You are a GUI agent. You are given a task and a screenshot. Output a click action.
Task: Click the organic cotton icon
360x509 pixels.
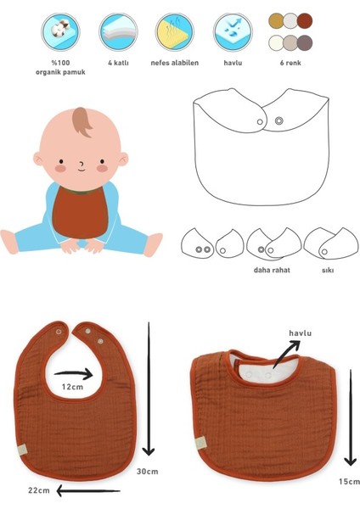click(x=61, y=32)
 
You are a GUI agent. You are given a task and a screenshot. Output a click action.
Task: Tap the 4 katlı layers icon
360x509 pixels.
click(x=118, y=32)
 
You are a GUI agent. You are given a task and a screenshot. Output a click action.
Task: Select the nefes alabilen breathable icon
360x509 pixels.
click(x=174, y=32)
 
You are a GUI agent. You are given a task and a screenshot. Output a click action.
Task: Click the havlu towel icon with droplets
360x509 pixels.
click(x=233, y=32)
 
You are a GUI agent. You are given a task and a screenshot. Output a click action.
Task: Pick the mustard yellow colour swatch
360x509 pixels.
click(x=276, y=20)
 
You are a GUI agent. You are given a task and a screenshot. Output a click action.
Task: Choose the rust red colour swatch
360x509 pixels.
click(x=305, y=20)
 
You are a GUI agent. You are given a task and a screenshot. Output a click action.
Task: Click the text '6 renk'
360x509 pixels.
click(x=290, y=63)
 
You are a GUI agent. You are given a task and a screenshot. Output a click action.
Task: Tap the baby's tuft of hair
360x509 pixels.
click(x=82, y=121)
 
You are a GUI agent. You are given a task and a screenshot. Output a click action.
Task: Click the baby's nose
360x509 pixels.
click(x=82, y=163)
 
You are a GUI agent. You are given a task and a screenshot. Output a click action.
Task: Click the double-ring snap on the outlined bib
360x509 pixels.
click(x=278, y=120)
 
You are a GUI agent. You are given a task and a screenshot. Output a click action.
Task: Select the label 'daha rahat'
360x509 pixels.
click(x=272, y=270)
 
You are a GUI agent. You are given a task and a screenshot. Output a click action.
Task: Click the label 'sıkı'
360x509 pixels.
click(x=328, y=270)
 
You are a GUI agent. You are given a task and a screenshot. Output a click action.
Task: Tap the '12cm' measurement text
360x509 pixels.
click(x=72, y=387)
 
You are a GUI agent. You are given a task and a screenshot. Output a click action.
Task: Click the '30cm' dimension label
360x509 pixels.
click(x=148, y=471)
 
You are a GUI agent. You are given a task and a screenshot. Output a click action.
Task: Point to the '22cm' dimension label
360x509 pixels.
click(x=39, y=490)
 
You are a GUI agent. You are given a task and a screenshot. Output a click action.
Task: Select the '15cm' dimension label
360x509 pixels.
click(x=349, y=481)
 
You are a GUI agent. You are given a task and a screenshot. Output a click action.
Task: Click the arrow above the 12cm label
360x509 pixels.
click(x=73, y=374)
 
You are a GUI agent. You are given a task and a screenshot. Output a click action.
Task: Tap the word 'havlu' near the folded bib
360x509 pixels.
click(x=301, y=333)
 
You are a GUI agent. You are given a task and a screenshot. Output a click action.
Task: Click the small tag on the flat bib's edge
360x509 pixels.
click(x=21, y=450)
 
